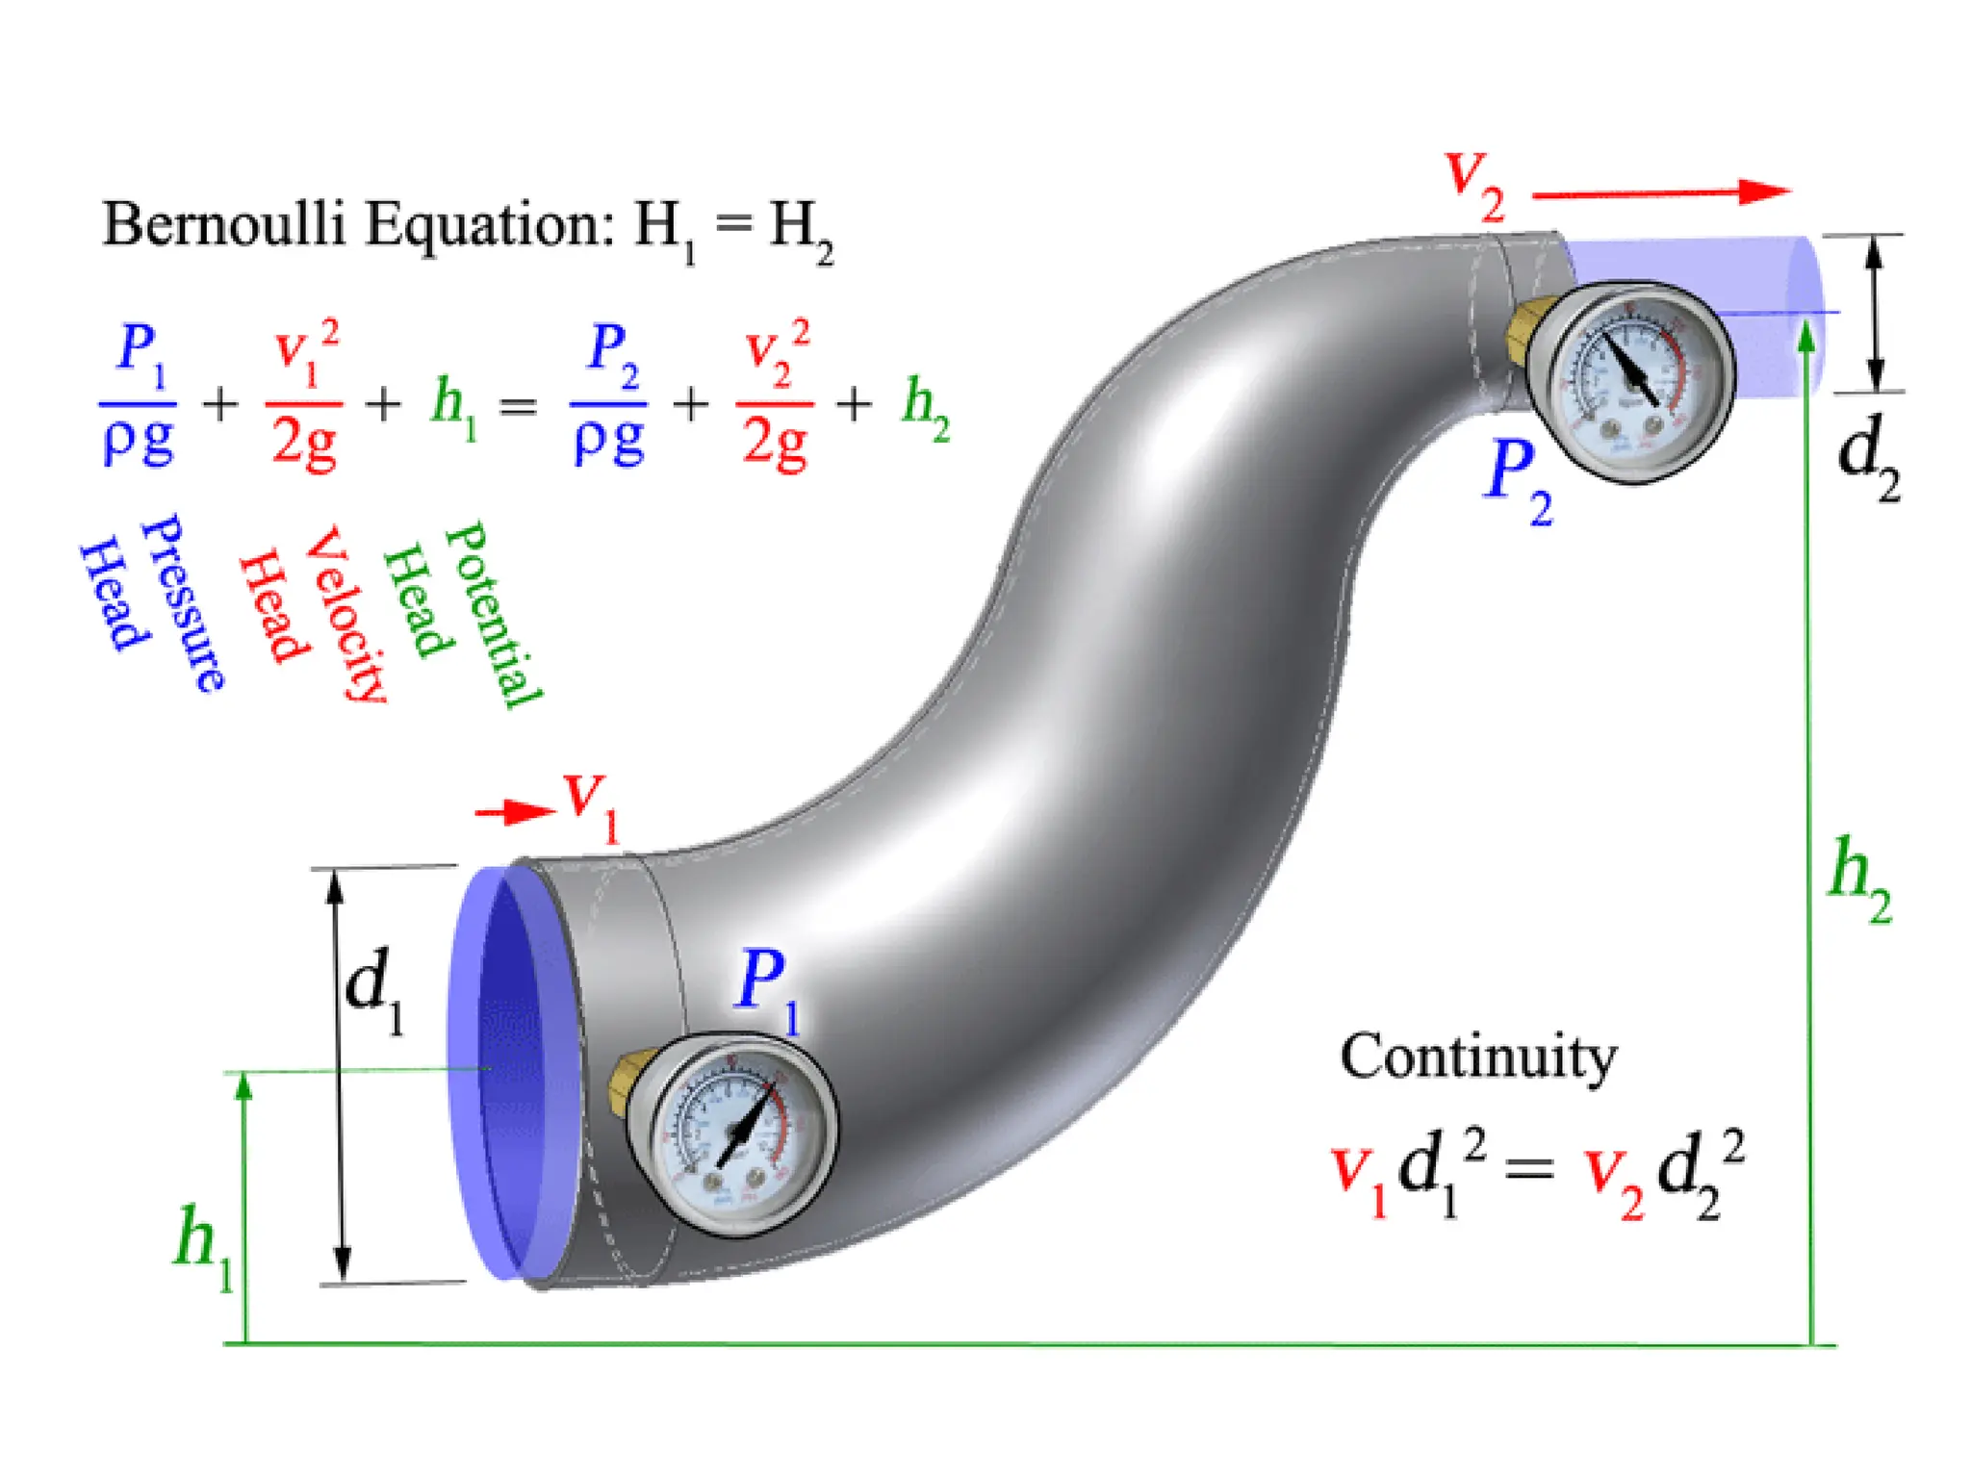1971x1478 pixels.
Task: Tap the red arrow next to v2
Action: (x=1660, y=193)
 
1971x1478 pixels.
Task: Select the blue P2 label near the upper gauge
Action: (x=1517, y=478)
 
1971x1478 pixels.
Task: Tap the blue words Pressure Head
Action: (x=152, y=602)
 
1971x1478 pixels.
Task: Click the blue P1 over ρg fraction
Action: (x=139, y=395)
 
